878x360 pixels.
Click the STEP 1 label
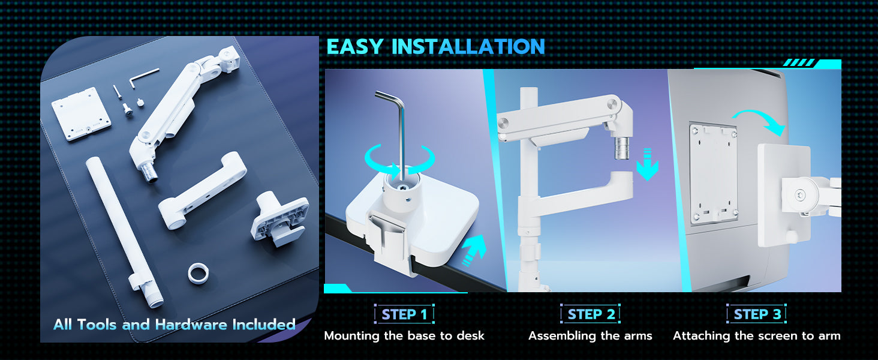click(404, 314)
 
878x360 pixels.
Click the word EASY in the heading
click(354, 47)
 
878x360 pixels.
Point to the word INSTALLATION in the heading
click(468, 47)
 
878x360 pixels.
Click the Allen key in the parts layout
click(144, 77)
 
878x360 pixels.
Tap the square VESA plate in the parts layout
click(81, 114)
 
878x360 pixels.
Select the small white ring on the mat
click(198, 274)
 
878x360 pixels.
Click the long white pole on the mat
click(124, 232)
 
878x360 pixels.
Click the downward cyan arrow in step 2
click(647, 164)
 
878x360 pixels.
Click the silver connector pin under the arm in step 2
click(622, 148)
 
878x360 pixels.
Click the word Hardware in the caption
click(192, 325)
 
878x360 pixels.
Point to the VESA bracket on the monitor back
click(714, 174)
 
